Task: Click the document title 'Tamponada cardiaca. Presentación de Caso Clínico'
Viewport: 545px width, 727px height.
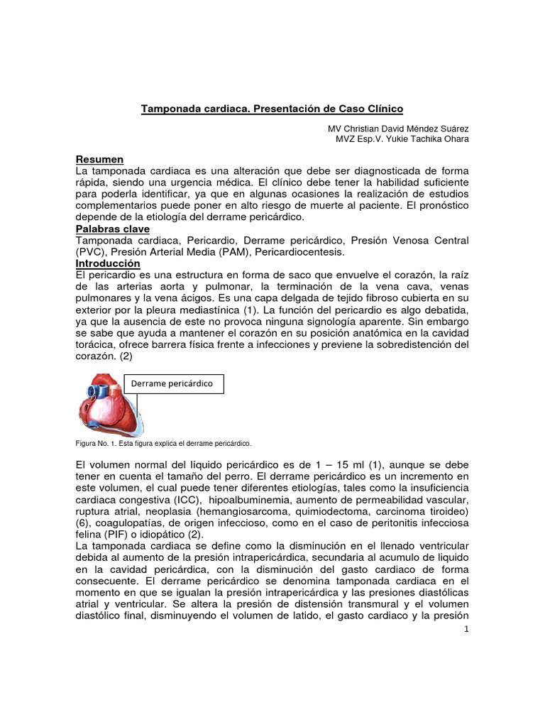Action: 272,109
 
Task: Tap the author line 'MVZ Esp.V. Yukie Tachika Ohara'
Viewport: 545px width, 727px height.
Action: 402,139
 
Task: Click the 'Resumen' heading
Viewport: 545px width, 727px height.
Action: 99,160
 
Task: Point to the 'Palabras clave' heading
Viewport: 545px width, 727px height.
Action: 111,229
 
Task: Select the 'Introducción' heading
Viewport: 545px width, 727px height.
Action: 108,263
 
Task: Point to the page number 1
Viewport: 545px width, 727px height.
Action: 465,630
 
